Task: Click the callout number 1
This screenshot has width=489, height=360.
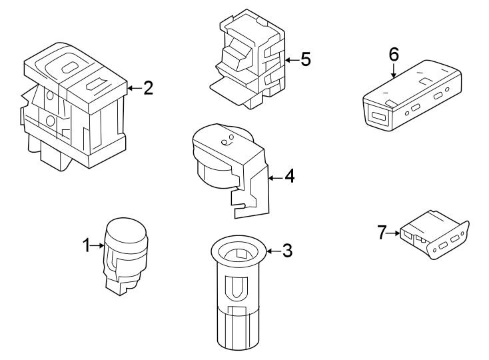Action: tap(87, 246)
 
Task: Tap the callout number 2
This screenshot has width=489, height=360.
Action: tap(147, 88)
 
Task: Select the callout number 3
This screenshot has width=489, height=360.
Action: tap(287, 251)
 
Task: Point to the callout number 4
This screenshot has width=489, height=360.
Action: tap(289, 177)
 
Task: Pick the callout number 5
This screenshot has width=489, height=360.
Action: tap(304, 60)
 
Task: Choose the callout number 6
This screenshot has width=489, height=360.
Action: tap(393, 54)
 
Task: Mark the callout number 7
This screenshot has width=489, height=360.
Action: tap(382, 233)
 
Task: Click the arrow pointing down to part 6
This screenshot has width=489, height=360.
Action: tap(393, 71)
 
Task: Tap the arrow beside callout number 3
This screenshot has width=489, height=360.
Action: tap(272, 251)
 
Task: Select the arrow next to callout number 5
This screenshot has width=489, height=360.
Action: tap(290, 60)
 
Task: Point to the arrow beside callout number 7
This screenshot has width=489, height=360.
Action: tap(394, 233)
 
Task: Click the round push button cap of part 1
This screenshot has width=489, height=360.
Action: tap(126, 231)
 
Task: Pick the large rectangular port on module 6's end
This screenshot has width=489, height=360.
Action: tap(380, 117)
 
